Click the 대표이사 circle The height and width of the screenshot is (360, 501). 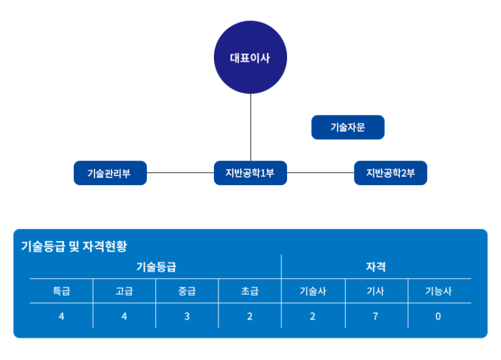(x=250, y=57)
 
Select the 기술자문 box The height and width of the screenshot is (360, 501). (x=348, y=127)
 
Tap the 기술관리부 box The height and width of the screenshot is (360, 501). (x=110, y=173)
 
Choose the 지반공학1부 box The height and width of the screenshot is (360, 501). (x=250, y=173)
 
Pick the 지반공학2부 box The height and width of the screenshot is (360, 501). (x=391, y=173)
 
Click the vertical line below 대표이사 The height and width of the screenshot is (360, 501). (x=250, y=127)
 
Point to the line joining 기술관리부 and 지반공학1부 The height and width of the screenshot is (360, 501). (x=180, y=172)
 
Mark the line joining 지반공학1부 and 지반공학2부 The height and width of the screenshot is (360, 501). (x=320, y=172)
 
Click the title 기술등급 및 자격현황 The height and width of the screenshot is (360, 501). (x=74, y=247)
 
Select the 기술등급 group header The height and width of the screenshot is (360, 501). (x=157, y=267)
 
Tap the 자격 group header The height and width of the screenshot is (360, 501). (x=376, y=267)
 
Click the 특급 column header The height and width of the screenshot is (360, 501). (x=61, y=291)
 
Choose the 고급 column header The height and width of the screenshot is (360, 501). (x=124, y=291)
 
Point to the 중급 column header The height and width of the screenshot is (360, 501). (x=187, y=291)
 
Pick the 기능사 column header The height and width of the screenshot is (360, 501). (x=438, y=291)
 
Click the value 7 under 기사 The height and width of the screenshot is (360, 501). (x=376, y=316)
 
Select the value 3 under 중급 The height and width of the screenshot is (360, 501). (x=187, y=316)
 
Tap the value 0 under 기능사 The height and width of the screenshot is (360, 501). (x=438, y=316)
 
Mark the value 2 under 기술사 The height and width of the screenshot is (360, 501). (x=312, y=316)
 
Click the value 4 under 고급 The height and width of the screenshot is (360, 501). (x=125, y=316)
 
